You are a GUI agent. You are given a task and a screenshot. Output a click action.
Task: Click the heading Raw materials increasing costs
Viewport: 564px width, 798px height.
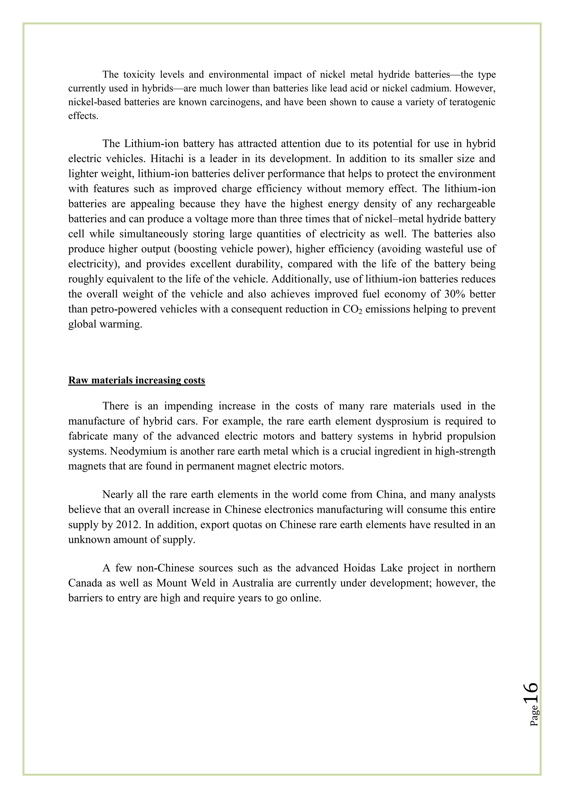tap(137, 380)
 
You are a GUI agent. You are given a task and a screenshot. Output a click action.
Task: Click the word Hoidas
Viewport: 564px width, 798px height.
tap(359, 568)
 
